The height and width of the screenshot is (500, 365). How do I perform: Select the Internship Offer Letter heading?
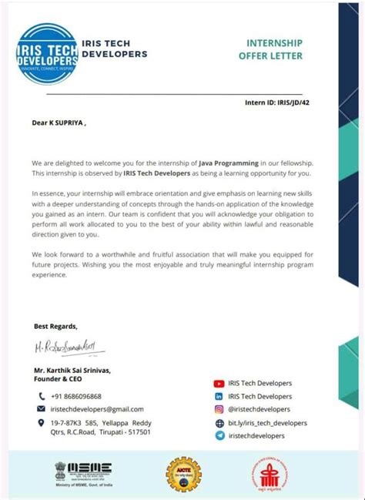point(274,49)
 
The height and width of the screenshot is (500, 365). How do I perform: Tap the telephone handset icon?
point(42,396)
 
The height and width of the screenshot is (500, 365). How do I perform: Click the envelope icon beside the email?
point(42,409)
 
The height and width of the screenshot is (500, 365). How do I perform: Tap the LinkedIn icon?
point(219,396)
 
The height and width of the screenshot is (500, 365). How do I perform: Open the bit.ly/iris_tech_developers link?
point(267,423)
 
